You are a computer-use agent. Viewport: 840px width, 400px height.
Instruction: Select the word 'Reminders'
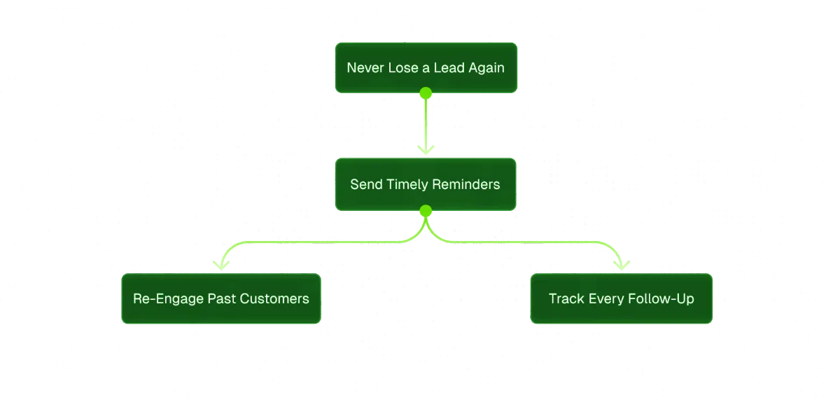coord(466,185)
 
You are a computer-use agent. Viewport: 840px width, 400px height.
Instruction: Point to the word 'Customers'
coord(274,299)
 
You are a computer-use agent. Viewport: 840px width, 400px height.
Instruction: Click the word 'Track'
coord(566,299)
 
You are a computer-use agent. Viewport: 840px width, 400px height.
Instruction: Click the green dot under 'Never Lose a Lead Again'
coord(425,92)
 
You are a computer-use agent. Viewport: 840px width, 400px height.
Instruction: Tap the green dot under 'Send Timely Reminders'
coord(425,209)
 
